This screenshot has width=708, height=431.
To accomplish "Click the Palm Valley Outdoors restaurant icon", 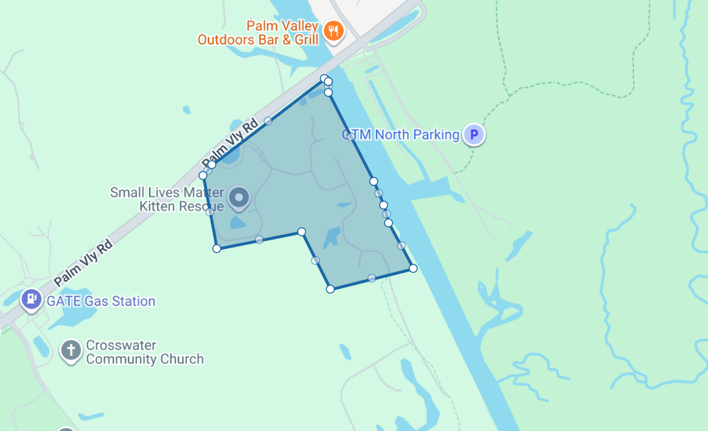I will coord(333,30).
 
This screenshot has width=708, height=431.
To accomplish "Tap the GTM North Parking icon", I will coord(473,134).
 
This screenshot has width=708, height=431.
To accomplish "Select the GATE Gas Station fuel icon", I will coord(31,299).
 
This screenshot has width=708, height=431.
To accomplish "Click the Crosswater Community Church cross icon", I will coord(71,351).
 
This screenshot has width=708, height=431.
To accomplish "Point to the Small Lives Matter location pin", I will coord(239,198).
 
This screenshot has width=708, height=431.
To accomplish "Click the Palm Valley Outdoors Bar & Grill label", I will coord(258,33).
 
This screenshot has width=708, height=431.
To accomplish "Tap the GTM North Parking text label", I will coord(401,135).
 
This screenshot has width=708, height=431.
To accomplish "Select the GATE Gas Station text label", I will coord(101,301).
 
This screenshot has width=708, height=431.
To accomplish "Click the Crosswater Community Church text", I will coord(145,352).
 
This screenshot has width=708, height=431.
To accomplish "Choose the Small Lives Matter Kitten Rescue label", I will coord(167,199).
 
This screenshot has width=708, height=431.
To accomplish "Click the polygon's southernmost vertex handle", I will coord(330,289).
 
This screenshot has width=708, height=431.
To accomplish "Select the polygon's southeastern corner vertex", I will coord(413,268).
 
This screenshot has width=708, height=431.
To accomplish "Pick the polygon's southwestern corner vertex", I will coord(217,249).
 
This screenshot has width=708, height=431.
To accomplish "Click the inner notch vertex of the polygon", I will coord(301,232).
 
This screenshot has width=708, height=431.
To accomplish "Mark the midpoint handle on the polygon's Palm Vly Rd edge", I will coord(268,120).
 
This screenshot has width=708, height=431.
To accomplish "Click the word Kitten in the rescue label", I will coord(157,206).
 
